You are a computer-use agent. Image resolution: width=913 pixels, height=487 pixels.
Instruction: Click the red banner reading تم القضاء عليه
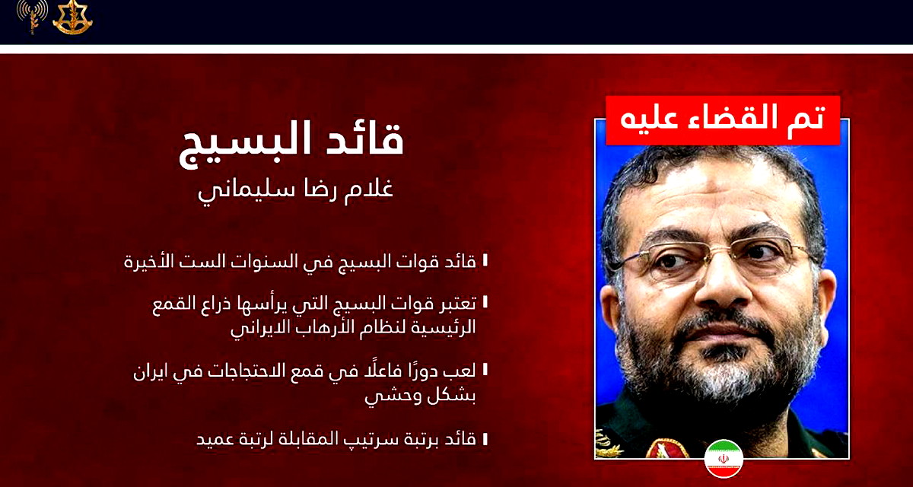click(x=722, y=120)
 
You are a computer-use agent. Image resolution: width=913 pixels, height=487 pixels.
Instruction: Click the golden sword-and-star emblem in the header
click(x=72, y=17)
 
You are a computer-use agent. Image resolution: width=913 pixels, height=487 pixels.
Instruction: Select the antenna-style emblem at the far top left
click(x=31, y=17)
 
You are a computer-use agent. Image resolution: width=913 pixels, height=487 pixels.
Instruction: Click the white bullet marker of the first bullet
click(x=485, y=261)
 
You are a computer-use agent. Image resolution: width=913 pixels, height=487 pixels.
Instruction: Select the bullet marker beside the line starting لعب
click(x=485, y=372)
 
